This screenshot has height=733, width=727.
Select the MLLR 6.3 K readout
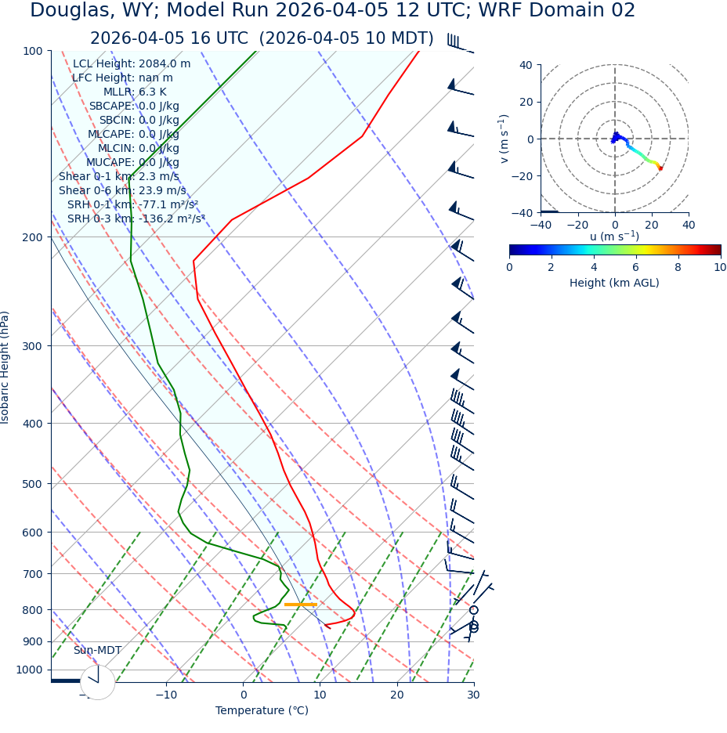tap(135, 92)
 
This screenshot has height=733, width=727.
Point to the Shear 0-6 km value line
tap(122, 191)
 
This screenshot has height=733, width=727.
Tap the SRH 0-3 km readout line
tap(136, 219)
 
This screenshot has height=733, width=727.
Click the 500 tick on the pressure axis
tap(32, 484)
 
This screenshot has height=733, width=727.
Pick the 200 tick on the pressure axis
tap(32, 237)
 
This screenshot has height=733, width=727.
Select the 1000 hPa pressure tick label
tap(29, 670)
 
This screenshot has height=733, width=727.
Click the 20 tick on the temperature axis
tap(397, 695)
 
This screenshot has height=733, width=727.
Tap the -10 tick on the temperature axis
tap(165, 695)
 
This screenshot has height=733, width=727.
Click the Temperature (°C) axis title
tap(262, 711)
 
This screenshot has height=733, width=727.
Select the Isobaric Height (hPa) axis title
tap(6, 367)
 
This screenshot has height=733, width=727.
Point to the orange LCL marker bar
tap(301, 605)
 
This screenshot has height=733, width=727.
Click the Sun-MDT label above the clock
tap(97, 651)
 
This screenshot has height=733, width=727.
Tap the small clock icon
tap(98, 682)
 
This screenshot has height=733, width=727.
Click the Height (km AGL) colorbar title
tap(614, 283)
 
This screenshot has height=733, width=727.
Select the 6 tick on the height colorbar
tap(636, 268)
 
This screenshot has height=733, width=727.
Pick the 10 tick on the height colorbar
tap(719, 268)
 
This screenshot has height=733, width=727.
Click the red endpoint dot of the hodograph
tap(660, 168)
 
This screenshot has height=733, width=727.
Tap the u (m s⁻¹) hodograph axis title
tap(614, 237)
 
